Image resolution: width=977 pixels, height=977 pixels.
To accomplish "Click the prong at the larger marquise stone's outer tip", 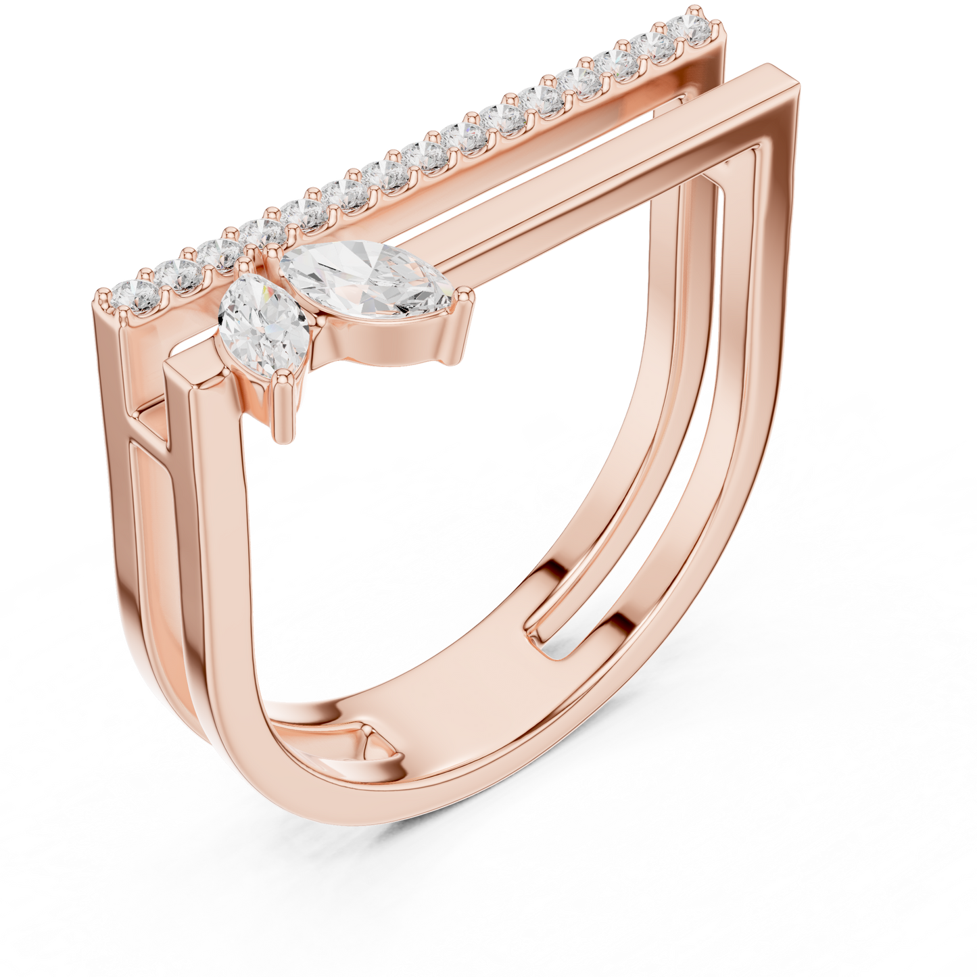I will pos(466,294).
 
